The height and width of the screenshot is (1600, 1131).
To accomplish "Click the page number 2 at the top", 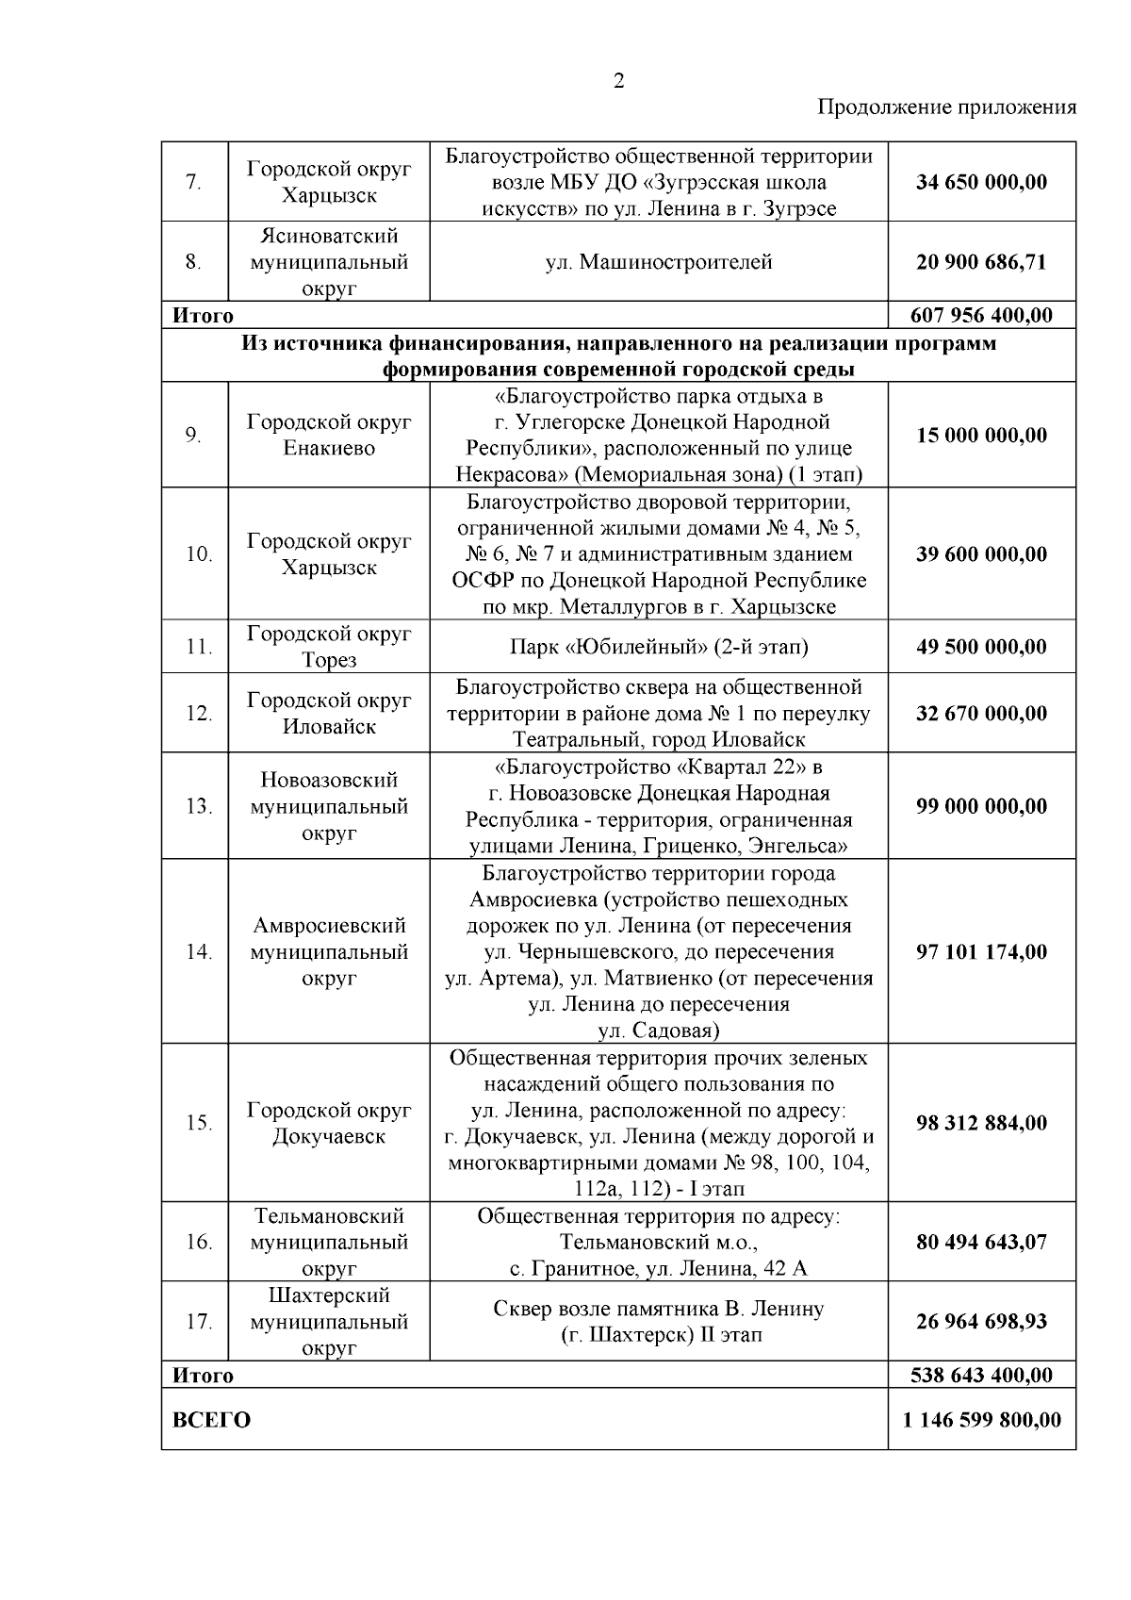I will tap(618, 81).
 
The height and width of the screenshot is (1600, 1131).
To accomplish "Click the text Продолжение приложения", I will tap(945, 107).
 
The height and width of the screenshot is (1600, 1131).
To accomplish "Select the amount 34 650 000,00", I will tap(981, 182).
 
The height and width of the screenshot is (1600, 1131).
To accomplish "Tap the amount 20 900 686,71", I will tap(981, 262).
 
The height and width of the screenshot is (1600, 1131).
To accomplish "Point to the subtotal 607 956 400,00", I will tap(981, 315).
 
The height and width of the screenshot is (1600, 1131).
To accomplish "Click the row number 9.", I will tap(193, 436).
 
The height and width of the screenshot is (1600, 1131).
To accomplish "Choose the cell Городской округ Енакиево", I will tap(329, 436).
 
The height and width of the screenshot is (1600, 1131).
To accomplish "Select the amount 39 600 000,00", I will tap(981, 554).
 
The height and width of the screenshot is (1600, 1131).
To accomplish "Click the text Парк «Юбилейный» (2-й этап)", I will tap(659, 647).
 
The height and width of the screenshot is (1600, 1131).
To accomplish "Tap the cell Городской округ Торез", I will tap(329, 647).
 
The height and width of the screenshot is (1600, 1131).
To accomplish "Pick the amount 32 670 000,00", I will tap(981, 714).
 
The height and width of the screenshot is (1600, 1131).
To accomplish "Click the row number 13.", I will tap(198, 807).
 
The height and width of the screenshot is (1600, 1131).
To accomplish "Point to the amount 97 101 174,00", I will tap(981, 952).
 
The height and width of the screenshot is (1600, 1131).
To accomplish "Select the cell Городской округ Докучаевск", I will tap(329, 1123).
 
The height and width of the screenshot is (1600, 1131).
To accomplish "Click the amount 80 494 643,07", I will tap(981, 1243).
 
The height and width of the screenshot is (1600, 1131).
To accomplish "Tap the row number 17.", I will tap(198, 1322).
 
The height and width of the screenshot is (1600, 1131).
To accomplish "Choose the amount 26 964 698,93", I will tap(981, 1322).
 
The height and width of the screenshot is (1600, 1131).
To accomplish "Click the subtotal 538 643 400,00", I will tap(981, 1376).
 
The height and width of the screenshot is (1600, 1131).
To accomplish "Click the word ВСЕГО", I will tap(212, 1420).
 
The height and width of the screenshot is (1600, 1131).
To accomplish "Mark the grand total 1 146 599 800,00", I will tap(981, 1420).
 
